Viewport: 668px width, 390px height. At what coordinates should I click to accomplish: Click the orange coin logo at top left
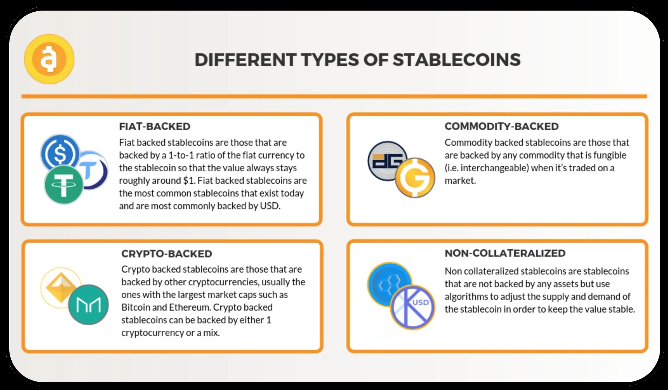point(49,59)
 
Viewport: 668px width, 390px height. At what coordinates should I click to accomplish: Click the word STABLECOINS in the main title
point(457,60)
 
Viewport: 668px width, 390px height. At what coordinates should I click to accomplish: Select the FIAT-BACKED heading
point(155,126)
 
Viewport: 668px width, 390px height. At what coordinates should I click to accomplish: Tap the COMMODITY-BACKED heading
point(501,126)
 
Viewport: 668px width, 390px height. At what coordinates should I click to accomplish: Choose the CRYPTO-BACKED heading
point(167,254)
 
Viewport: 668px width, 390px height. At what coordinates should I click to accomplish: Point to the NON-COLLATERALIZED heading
point(505,253)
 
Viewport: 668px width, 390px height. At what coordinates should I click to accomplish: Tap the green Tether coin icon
point(64,185)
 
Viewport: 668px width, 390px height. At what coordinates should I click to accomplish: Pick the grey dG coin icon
point(387,161)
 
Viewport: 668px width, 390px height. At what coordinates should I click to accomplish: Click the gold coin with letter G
point(415,177)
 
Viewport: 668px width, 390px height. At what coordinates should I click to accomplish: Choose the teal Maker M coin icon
point(88,305)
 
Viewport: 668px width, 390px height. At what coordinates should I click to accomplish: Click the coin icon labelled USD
point(413,307)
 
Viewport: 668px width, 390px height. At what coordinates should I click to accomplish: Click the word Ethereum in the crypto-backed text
point(190,307)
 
